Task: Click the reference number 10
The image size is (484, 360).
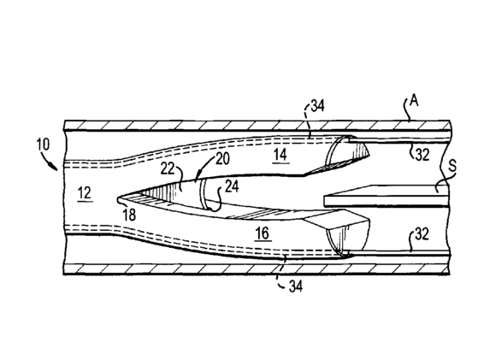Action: pos(43,145)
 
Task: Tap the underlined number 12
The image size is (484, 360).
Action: pos(85,193)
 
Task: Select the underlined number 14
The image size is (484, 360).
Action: pos(280,155)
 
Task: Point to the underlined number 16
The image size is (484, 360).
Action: pos(263,233)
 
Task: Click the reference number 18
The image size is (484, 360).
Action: pos(129,215)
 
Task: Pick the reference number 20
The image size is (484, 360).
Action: pos(222,159)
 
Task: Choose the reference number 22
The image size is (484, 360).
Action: pos(168,169)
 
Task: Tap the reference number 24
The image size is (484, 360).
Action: pos(232,186)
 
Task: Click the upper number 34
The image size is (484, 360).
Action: pos(317,105)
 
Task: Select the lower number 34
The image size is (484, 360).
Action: pos(295,286)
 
